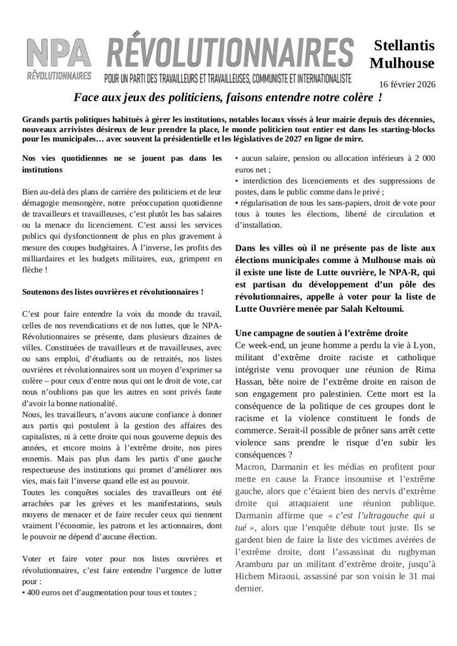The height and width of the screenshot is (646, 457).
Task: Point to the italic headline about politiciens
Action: (228, 99)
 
